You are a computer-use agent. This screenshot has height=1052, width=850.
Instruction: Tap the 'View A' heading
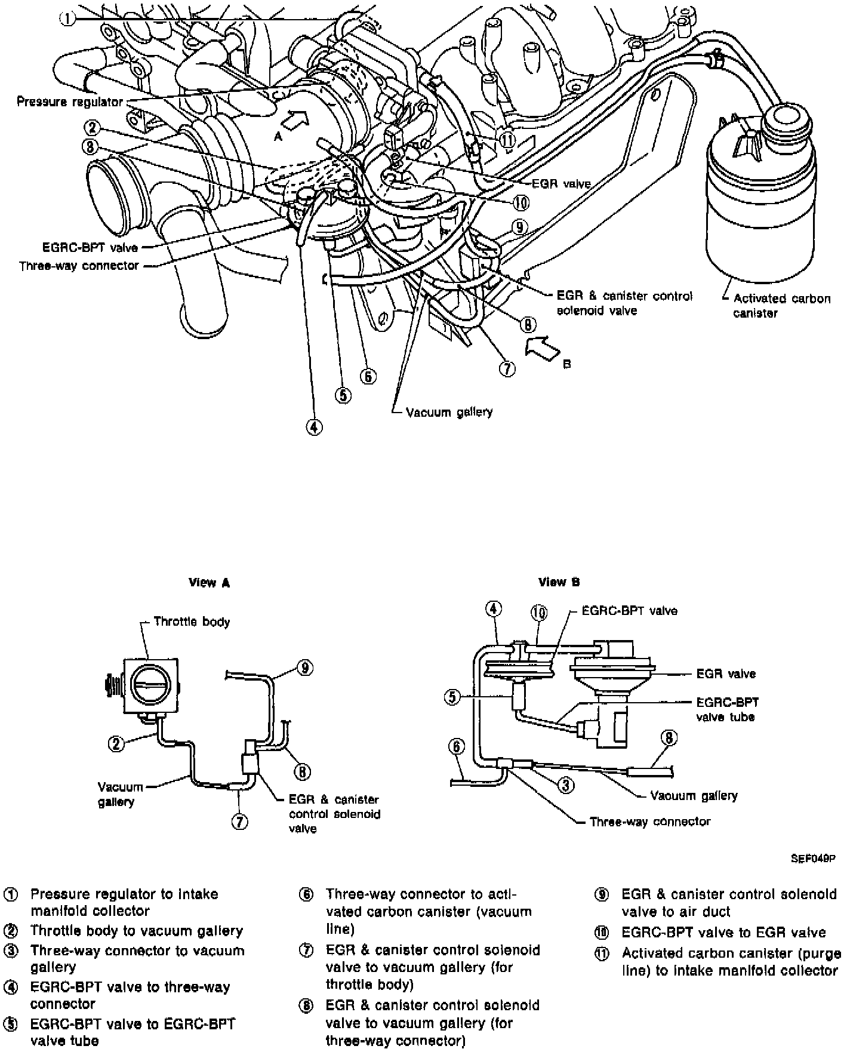point(209,583)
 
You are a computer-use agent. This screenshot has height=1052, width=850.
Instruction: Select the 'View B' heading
point(559,582)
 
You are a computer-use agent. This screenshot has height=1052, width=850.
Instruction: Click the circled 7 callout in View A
point(239,822)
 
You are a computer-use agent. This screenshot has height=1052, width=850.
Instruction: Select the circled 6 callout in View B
point(457,746)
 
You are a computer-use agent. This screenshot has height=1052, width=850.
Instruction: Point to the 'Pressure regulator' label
point(70,101)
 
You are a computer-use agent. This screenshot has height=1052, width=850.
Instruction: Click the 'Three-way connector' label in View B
point(650,822)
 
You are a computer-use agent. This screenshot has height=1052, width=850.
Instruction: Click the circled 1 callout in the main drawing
point(67,19)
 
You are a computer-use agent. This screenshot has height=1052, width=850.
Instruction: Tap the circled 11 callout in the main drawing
point(507,140)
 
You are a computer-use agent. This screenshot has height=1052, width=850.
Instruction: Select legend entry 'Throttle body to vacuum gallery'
point(137,931)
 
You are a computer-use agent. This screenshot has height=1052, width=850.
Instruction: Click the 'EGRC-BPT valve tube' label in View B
point(727,709)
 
